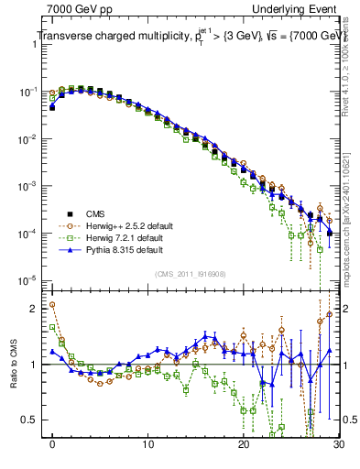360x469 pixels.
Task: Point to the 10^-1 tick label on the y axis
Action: (30, 93)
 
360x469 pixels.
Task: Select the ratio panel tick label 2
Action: (38, 309)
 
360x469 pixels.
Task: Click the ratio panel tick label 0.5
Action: (34, 420)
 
